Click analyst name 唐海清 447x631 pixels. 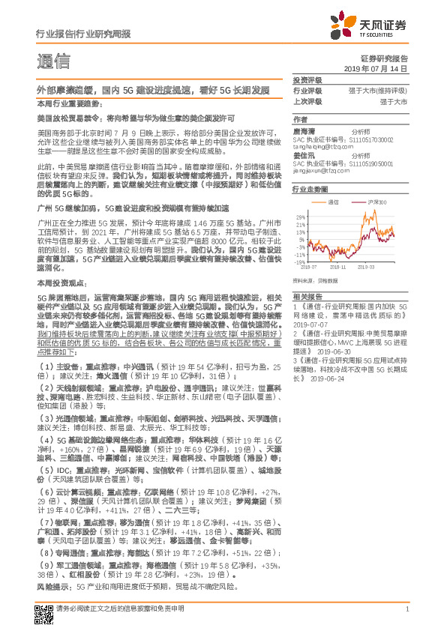(304, 130)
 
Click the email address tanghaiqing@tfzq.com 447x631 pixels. (322, 148)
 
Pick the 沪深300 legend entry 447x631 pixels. (373, 202)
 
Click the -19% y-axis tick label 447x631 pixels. (299, 262)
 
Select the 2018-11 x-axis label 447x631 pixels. (337, 266)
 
